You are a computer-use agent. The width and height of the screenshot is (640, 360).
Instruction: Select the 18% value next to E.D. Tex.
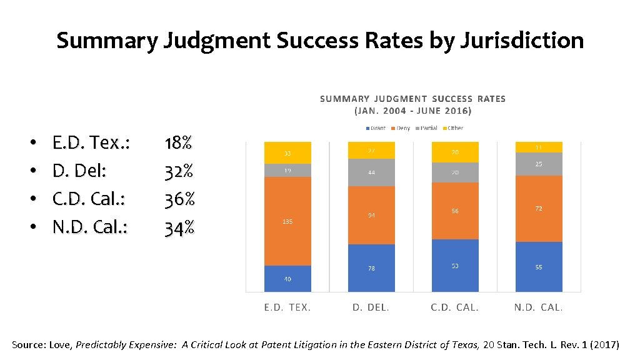(178, 143)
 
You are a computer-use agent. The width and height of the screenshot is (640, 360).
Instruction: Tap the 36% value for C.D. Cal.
(180, 200)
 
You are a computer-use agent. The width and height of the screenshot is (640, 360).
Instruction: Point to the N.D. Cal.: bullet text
(90, 228)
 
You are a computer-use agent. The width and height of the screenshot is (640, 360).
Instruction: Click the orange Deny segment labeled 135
(287, 221)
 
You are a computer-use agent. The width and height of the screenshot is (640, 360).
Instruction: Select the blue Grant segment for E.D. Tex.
(287, 279)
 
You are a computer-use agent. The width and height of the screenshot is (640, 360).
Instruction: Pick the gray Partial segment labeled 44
(371, 172)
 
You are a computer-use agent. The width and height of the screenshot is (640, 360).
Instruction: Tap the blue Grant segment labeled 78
(371, 268)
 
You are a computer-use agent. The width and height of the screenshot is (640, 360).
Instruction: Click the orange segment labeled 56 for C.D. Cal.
(455, 211)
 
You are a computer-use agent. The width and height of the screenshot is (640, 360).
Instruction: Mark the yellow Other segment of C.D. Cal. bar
(455, 152)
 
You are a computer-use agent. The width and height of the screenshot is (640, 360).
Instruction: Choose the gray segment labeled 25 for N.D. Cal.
(538, 164)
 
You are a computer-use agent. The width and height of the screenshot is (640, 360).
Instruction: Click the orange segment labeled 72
(538, 209)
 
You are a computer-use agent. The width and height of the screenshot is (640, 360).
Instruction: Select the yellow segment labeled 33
(287, 153)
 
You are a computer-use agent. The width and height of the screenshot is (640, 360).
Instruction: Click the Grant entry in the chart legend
(376, 128)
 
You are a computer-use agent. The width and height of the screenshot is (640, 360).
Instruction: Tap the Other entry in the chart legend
(453, 128)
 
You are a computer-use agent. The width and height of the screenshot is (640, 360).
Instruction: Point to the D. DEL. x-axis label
(371, 307)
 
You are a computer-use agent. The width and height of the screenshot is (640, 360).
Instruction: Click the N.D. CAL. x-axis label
(538, 307)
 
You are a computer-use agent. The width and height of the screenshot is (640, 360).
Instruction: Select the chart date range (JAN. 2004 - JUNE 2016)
(413, 111)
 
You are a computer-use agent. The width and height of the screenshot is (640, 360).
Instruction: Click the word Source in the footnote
(27, 344)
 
